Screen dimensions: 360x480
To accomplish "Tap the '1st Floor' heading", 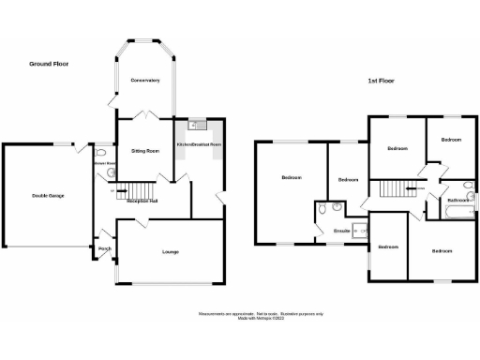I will pos(380,82).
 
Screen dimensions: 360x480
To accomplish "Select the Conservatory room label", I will pos(144,80).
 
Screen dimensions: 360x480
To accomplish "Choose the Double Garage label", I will pos(47,195).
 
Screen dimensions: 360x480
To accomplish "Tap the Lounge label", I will pos(171,251).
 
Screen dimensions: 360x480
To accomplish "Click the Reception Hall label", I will pos(142,201).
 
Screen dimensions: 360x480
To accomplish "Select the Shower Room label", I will pos(104,163).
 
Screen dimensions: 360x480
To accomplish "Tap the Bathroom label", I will pos(457,200).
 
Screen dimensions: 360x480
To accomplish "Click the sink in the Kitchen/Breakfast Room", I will pos(199,126).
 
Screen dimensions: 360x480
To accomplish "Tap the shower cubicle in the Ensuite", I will pos(359,231).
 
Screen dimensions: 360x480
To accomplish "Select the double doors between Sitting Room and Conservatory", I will pos(142,114).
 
